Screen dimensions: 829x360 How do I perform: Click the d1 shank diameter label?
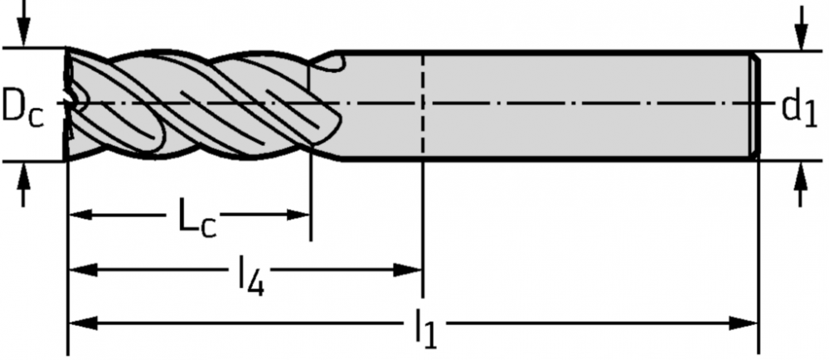799,109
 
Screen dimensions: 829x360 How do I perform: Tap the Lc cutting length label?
196,217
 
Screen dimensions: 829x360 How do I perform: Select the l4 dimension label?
250,274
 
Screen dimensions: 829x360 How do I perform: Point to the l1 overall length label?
425,328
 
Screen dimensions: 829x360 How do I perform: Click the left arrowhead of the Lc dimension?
81,215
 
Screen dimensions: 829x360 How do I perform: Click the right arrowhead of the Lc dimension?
298,215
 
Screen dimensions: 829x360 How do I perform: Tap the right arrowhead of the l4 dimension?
409,270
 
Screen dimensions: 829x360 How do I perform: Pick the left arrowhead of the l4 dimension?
82,270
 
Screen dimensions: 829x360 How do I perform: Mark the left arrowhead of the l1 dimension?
83,323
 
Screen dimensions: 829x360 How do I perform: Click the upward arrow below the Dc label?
22,184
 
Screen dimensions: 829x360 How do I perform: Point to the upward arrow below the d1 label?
801,183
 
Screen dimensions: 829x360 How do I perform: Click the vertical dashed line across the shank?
423,105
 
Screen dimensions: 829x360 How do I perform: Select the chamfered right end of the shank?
755,105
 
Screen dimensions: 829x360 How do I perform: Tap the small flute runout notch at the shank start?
327,63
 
